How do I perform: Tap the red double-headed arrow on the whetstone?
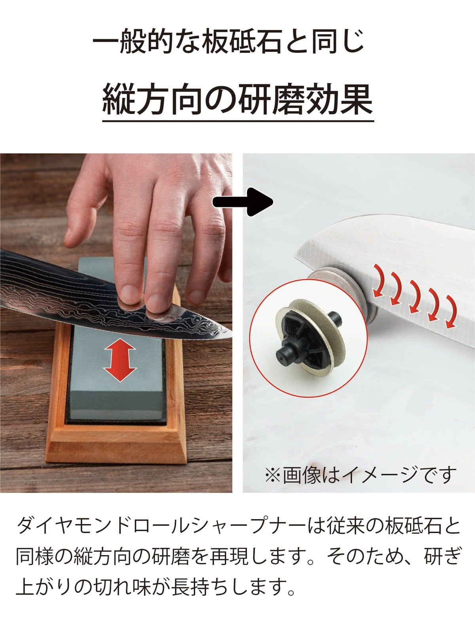(x=120, y=359)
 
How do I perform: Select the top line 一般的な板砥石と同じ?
(x=228, y=42)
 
